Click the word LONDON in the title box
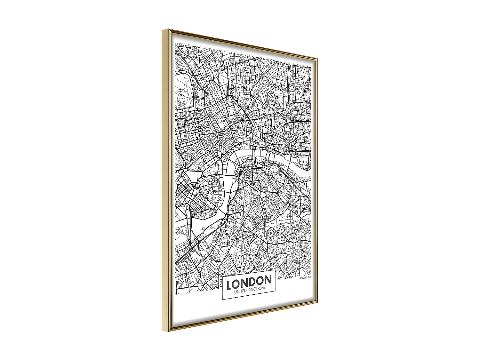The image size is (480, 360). (249, 282)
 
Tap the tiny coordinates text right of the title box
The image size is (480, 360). (305, 277)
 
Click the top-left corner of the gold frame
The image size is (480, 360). (163, 30)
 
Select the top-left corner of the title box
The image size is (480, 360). (222, 277)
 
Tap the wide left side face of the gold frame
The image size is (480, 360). (166, 179)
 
